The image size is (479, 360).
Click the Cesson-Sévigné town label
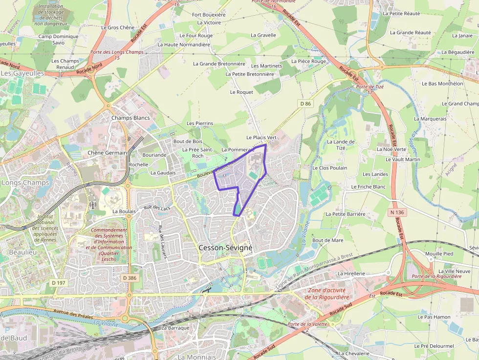tap(225, 248)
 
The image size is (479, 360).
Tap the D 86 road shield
tap(305, 104)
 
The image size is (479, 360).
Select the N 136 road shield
tap(397, 212)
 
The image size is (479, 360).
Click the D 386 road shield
tap(130, 277)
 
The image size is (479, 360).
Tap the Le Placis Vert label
tap(261, 138)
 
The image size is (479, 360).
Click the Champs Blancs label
tap(131, 118)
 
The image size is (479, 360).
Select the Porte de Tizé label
tap(370, 87)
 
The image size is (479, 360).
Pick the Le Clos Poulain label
tap(329, 168)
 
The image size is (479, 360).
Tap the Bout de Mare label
tap(327, 240)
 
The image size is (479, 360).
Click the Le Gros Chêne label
tap(117, 28)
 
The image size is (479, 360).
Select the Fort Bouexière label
tap(209, 15)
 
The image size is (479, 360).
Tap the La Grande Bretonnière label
tap(219, 64)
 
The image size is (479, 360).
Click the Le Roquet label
tap(241, 92)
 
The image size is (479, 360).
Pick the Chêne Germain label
tap(107, 152)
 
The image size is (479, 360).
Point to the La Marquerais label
tap(430, 118)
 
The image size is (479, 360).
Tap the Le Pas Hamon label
tap(434, 317)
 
